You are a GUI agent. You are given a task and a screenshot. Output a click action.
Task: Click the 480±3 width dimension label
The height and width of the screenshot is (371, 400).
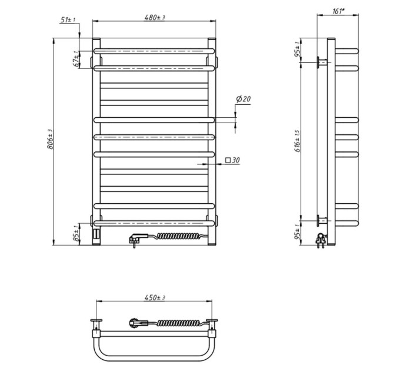(x=155, y=17)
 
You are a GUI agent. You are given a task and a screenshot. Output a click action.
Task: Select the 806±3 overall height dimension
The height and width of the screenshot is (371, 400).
(x=50, y=140)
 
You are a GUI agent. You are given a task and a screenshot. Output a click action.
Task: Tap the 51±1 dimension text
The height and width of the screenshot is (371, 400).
(x=68, y=19)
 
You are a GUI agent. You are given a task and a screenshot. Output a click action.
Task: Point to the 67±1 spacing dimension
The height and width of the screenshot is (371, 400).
(x=76, y=59)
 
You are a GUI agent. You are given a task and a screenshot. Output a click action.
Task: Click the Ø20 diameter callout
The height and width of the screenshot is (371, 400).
(x=244, y=99)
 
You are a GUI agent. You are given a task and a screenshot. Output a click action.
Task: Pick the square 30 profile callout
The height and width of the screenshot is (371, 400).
(x=233, y=160)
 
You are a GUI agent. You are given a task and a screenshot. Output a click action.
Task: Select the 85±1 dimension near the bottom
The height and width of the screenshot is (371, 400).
(x=76, y=233)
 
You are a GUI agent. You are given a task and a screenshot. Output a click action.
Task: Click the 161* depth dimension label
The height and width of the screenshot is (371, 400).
(x=338, y=12)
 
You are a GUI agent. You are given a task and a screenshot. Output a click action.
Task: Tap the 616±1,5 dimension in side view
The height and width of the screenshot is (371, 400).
(x=298, y=141)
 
